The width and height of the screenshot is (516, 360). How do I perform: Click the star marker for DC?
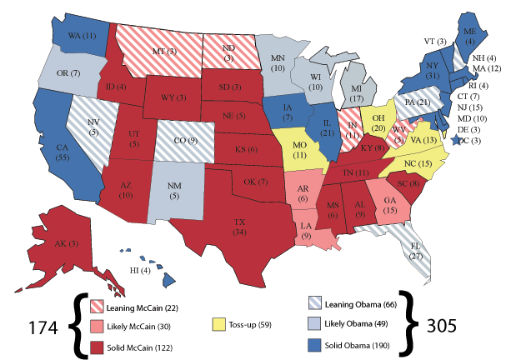[455, 142]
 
